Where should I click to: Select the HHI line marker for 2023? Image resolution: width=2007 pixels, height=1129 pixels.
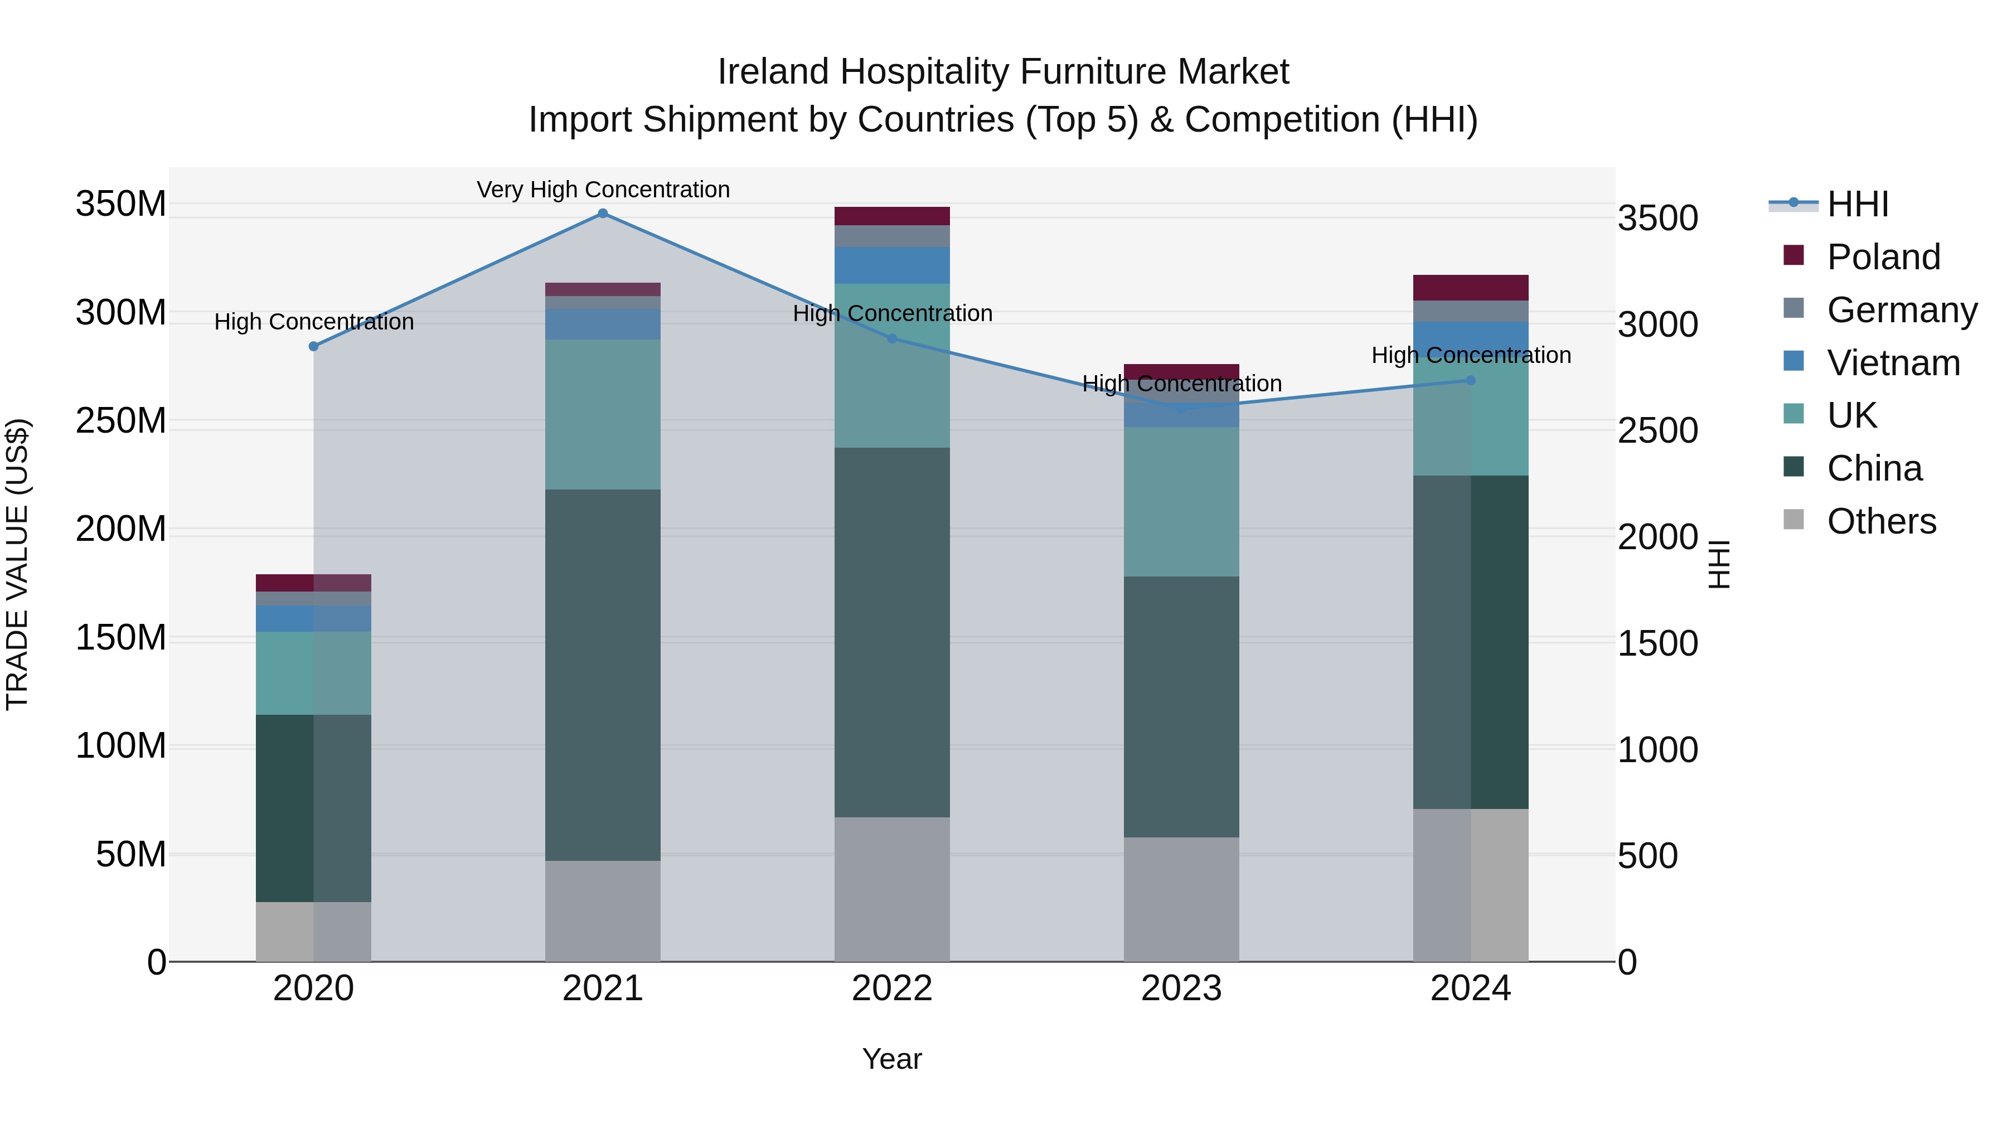(1181, 408)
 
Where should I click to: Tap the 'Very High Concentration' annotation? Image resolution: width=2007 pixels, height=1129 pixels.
(603, 190)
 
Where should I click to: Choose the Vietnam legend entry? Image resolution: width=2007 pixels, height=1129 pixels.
(1893, 363)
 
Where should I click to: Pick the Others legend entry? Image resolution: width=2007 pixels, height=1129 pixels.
(1881, 521)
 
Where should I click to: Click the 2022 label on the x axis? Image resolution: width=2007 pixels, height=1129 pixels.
(891, 989)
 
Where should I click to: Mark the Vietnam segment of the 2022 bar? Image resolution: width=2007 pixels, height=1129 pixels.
(891, 265)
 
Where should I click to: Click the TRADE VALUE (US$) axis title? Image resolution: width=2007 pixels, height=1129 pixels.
(17, 564)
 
